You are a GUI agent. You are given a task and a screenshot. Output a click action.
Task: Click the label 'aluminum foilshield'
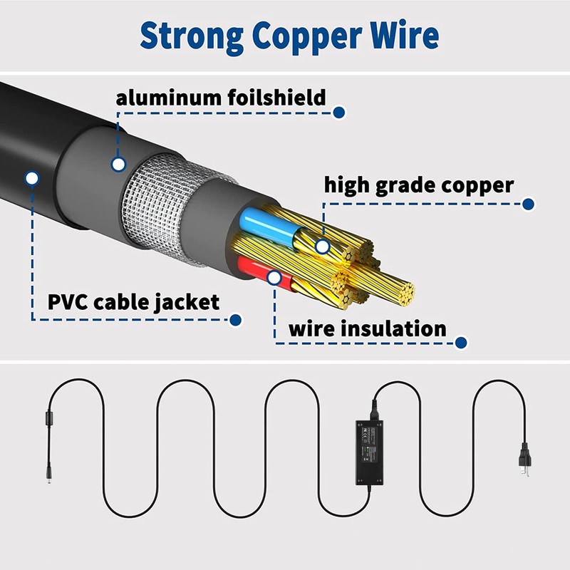221,98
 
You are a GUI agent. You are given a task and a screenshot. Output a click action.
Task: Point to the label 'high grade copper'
419,186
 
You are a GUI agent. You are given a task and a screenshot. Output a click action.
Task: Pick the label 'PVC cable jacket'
133,301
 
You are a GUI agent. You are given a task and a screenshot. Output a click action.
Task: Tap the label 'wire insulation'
367,329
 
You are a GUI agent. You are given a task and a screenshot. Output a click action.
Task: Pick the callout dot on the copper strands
323,247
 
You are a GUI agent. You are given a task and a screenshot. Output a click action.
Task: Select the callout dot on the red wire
274,277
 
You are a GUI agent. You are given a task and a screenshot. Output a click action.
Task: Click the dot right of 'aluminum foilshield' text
340,112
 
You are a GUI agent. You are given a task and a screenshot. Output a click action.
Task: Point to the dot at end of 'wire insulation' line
461,343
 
